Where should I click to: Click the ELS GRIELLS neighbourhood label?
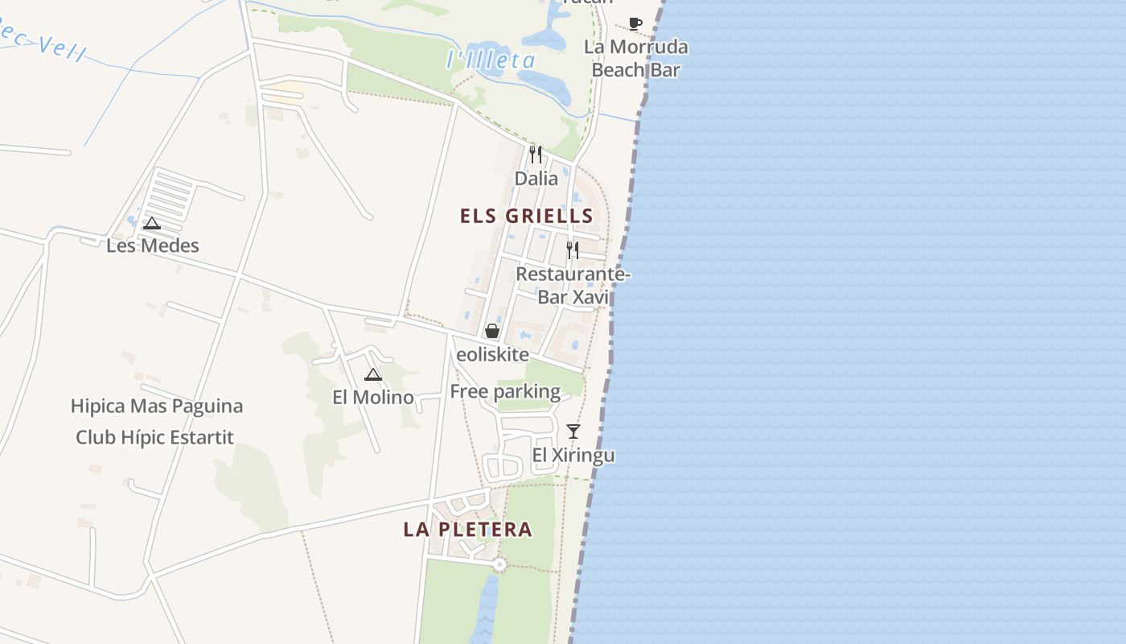pos(527,216)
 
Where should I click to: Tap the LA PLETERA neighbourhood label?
pos(467,529)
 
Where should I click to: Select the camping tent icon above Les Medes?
pos(152,224)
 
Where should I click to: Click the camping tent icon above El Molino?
pos(372,374)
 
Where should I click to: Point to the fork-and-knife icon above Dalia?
pos(536,154)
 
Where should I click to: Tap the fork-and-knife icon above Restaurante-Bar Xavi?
pos(572,250)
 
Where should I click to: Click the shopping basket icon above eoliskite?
pos(491,331)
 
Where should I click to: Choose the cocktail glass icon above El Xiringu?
pos(573,431)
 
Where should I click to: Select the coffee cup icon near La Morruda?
pos(635,23)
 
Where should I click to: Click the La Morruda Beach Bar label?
pos(636,58)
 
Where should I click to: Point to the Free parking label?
pos(505,392)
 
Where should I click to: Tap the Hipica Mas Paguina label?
pos(157,406)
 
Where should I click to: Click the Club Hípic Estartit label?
pos(154,437)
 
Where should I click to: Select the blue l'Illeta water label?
pos(491,60)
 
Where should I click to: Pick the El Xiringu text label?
pos(573,456)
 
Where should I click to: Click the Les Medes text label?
pos(153,246)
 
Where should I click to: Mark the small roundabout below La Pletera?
pos(500,565)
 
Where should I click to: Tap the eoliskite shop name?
pos(492,354)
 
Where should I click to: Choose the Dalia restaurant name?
pos(536,178)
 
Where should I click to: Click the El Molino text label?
pos(373,397)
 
